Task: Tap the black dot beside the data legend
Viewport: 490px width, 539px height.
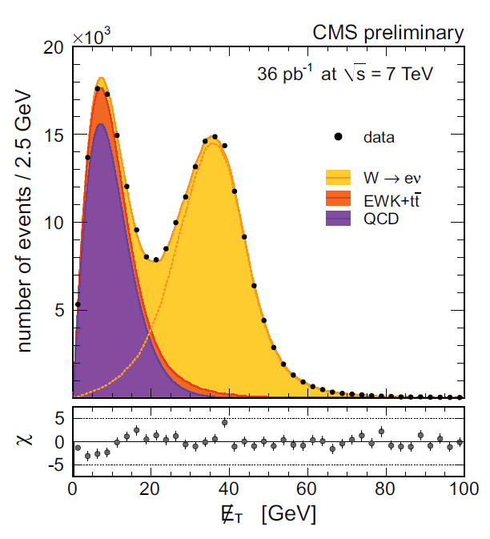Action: (x=339, y=137)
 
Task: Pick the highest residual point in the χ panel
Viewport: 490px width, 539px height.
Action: (x=225, y=422)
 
